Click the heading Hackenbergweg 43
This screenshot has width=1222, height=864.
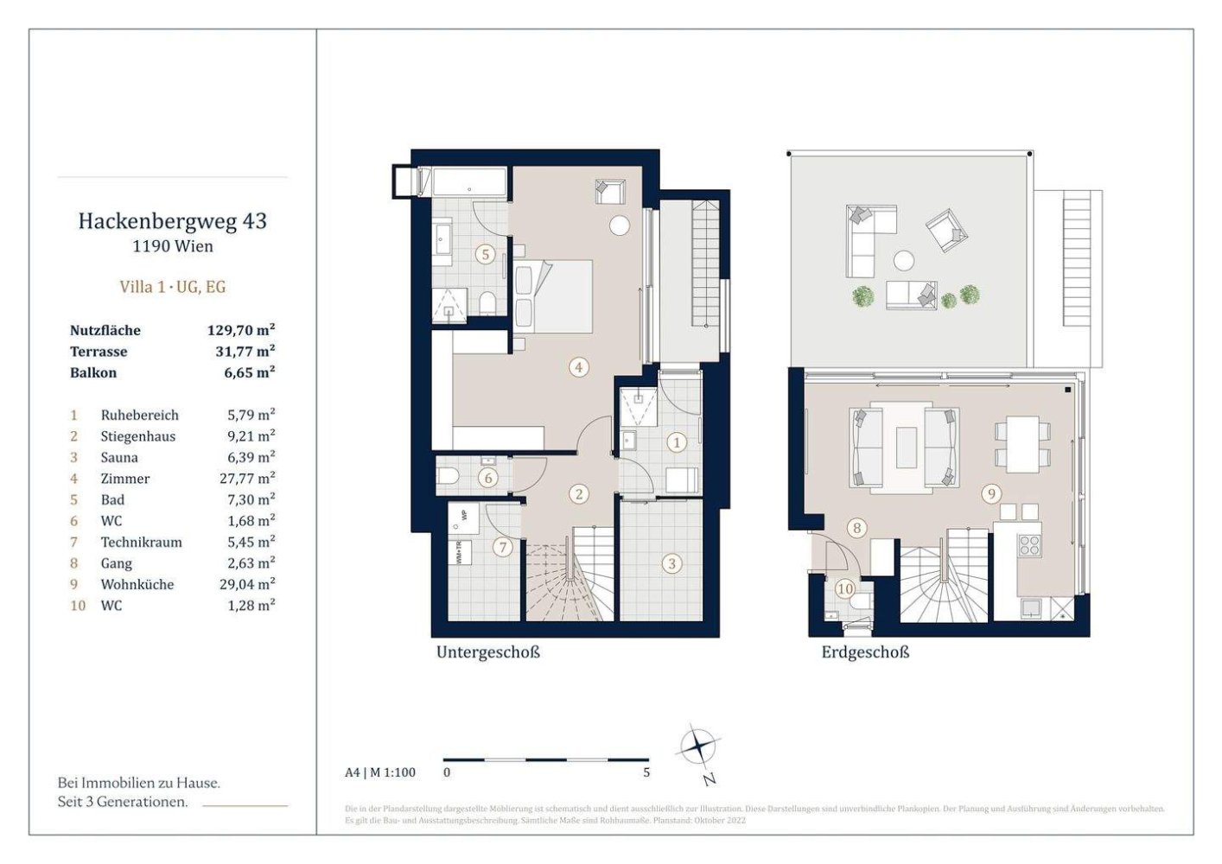click(x=172, y=221)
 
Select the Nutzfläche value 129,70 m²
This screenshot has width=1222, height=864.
click(x=240, y=330)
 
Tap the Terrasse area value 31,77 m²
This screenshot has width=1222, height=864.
click(x=245, y=352)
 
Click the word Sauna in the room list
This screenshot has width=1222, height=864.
click(x=119, y=457)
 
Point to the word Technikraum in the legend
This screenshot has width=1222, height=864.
click(x=141, y=542)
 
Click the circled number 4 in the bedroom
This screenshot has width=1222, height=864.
click(x=578, y=367)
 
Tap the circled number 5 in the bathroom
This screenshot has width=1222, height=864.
click(x=486, y=254)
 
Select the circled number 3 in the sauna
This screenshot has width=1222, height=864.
click(x=671, y=564)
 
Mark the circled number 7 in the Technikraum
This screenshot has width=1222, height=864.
click(x=502, y=547)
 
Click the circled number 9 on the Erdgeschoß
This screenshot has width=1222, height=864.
click(x=991, y=494)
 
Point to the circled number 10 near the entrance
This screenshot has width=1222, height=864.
click(x=844, y=589)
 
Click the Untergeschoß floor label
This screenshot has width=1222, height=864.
click(x=487, y=652)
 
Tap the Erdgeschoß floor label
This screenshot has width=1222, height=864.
click(x=865, y=652)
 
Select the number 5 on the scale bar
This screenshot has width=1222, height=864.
click(x=646, y=772)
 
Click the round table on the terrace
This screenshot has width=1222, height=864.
click(x=904, y=259)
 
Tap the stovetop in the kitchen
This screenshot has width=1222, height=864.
click(x=1029, y=545)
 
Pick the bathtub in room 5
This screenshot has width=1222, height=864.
click(x=468, y=183)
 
